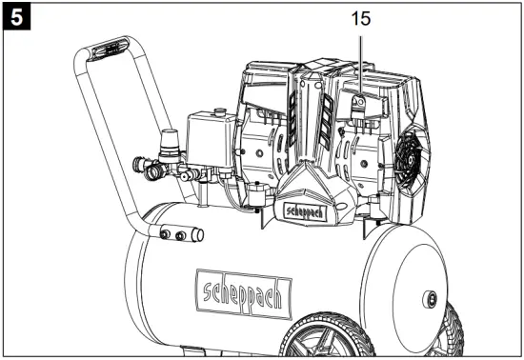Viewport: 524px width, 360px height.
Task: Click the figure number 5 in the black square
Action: [x=17, y=17]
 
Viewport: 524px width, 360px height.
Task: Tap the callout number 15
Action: [x=361, y=19]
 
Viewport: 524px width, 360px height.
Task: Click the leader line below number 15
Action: [x=360, y=66]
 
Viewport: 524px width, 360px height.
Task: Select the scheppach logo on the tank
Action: [x=244, y=294]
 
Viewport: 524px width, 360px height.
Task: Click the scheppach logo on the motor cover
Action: [x=305, y=211]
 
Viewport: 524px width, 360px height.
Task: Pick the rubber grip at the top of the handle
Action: [x=110, y=50]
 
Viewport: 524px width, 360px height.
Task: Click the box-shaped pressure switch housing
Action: [x=211, y=140]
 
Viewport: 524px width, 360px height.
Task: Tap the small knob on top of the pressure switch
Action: [x=219, y=111]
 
